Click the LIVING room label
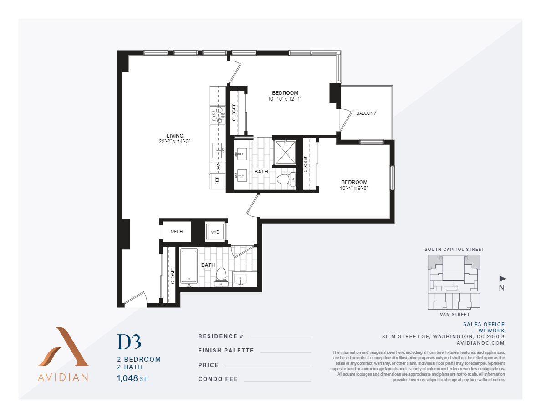[175, 136]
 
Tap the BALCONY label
[366, 113]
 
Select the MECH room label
[177, 232]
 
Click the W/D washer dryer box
[215, 232]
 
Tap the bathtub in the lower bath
[189, 266]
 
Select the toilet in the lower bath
[221, 275]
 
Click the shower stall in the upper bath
[286, 152]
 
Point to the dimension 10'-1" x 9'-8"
[354, 188]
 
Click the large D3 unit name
[129, 342]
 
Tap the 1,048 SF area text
[132, 378]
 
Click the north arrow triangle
[502, 278]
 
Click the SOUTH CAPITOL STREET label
[454, 250]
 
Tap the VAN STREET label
[454, 315]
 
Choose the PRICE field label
[209, 365]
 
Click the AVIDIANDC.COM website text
[483, 343]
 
